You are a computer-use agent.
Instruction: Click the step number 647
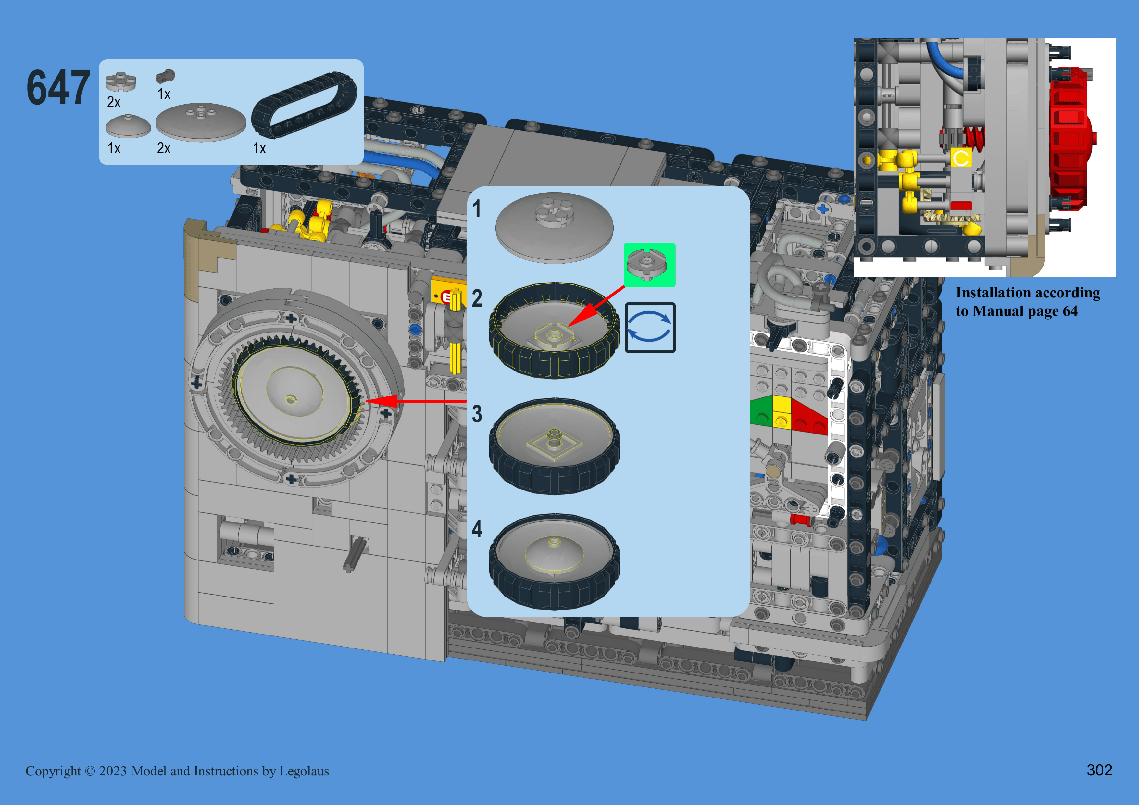click(58, 88)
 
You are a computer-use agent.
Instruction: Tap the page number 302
click(1099, 770)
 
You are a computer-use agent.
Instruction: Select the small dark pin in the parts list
click(165, 76)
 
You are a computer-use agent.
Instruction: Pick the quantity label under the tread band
click(259, 148)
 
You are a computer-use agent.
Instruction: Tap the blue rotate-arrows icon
click(650, 327)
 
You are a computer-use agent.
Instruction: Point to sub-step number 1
click(477, 209)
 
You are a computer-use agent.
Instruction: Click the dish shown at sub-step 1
click(554, 227)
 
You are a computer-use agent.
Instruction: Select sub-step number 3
click(477, 414)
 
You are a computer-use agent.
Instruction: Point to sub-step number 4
click(477, 529)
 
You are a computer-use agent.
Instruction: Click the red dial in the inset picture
click(1071, 139)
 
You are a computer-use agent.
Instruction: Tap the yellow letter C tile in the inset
click(961, 158)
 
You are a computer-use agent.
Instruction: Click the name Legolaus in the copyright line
click(304, 771)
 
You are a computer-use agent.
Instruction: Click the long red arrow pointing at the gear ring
click(416, 401)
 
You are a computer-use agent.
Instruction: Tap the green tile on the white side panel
click(761, 410)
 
